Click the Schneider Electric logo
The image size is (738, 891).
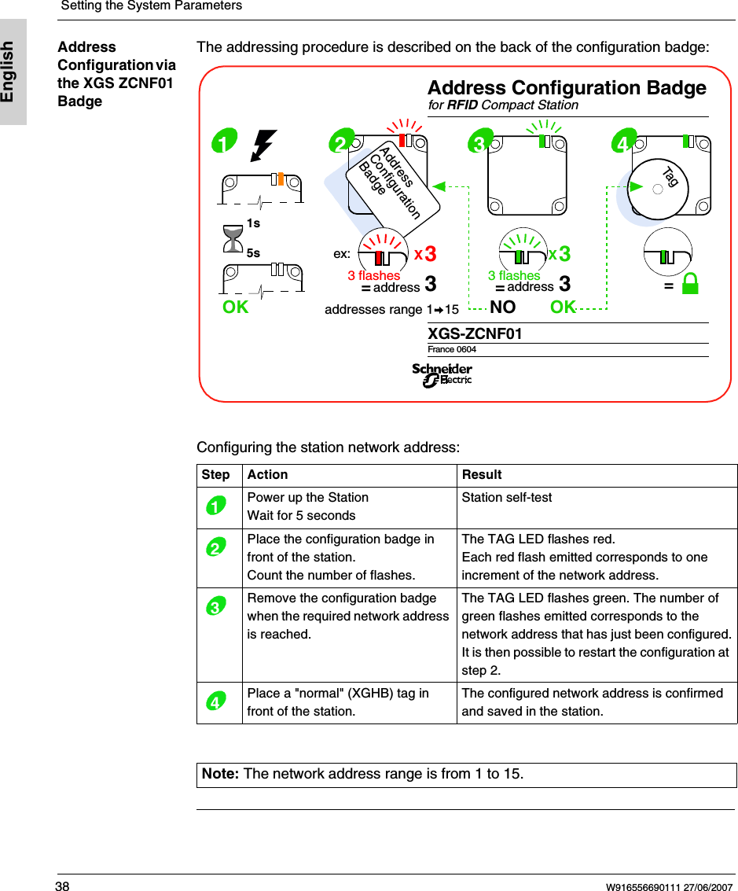coord(442,375)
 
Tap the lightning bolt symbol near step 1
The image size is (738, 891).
coord(263,145)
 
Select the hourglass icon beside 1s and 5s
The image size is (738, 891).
coord(233,239)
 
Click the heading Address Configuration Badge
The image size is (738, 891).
coord(566,87)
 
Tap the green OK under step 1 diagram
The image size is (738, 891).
coord(235,307)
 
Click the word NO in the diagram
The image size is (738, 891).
coord(502,307)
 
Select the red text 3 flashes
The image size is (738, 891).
coord(373,275)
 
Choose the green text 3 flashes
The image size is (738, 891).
coord(514,275)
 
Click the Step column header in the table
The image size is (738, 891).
coord(216,475)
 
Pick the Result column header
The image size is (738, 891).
coord(482,475)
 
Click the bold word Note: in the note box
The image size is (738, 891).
coord(221,774)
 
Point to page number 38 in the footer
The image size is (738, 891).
coord(62,886)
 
